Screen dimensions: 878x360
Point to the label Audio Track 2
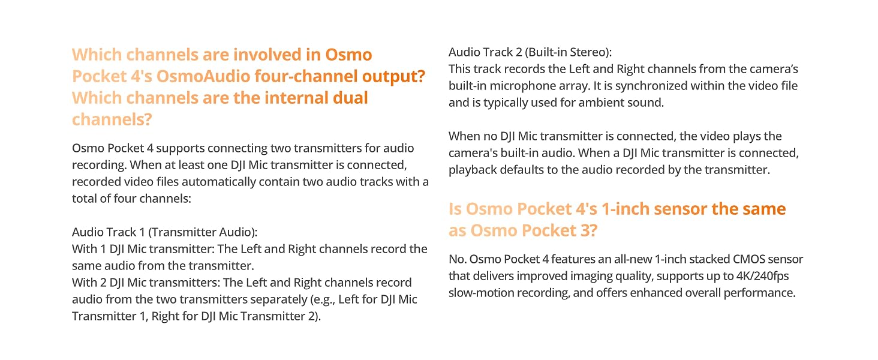pos(486,52)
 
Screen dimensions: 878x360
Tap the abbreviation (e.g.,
pos(323,299)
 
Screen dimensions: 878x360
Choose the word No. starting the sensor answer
pos(458,259)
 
